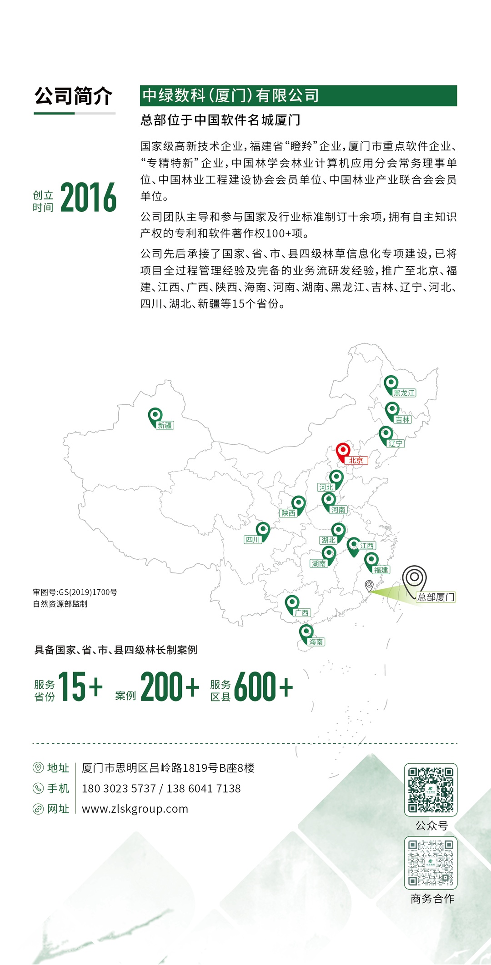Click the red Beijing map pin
pos(343,452)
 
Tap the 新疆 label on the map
pos(165,425)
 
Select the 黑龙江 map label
pos(404,393)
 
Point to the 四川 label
pos(253,539)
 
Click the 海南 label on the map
pos(316,642)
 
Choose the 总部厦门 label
pos(436,597)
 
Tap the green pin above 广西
pos(292,603)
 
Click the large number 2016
pos(89,198)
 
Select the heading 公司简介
pos(74,96)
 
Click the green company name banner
pos(298,95)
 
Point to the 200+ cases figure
pos(170,686)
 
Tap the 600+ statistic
pos(263,686)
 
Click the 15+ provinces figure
pos(80,686)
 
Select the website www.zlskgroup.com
pos(135,809)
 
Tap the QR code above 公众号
pos(431,790)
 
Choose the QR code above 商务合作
pos(431,862)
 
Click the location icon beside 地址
pos(38,768)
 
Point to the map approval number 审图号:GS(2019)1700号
pos(75,592)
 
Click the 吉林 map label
pos(402,419)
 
